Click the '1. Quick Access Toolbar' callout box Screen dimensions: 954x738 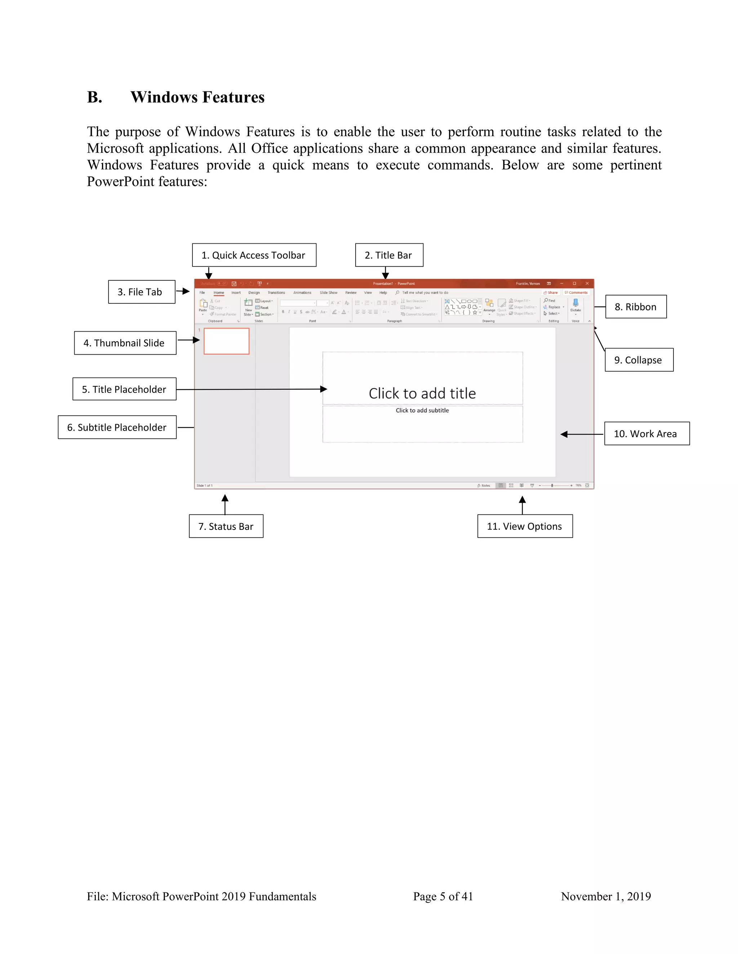pos(254,255)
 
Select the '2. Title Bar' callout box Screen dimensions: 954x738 pos(389,255)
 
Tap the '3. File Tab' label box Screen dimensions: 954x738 pos(142,292)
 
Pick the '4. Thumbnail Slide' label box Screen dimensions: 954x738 pos(125,343)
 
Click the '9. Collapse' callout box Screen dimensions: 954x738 pos(639,360)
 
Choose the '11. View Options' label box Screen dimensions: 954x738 pos(525,526)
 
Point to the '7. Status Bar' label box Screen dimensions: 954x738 pos(226,526)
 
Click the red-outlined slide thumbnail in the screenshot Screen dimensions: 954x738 pos(226,341)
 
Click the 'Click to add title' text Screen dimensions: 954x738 pos(422,393)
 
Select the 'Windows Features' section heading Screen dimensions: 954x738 pos(197,97)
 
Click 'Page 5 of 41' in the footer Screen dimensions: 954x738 pos(443,896)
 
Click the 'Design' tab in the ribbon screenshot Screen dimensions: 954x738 pos(254,293)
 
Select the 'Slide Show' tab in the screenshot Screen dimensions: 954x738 pos(328,293)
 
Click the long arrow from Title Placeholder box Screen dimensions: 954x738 pos(252,389)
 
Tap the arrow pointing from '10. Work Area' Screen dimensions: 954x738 pos(582,434)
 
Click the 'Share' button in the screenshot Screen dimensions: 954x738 pos(551,293)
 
